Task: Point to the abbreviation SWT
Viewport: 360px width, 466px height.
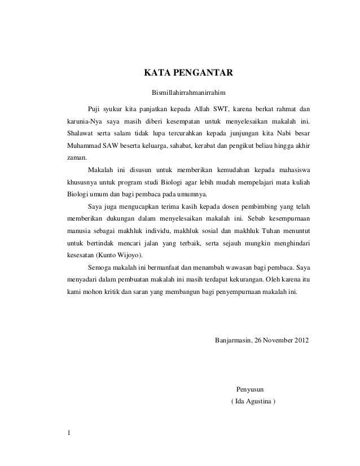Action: (x=222, y=108)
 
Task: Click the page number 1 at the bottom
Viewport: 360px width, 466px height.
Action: (x=68, y=433)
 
